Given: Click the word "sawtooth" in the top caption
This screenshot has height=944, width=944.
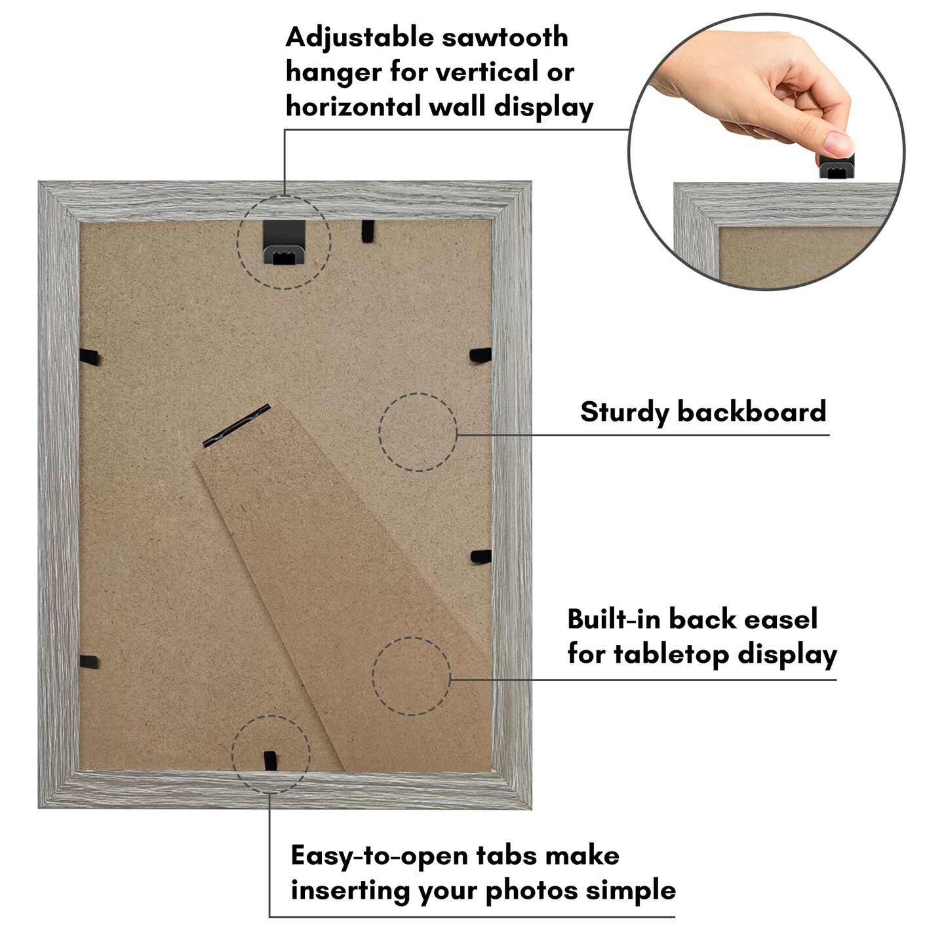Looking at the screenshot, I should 505,38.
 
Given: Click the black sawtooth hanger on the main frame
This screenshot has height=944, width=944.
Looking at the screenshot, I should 283,246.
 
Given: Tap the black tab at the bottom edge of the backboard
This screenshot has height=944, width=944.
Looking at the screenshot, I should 269,760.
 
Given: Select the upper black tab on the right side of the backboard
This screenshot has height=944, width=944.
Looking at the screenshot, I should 481,355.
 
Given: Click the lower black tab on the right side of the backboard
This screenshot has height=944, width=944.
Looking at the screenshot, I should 481,557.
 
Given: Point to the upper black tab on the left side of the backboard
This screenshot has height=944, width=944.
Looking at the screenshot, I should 89,357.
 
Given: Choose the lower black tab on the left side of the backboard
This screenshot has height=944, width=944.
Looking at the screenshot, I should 88,661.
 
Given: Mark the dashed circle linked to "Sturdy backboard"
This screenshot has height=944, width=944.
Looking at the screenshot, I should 418,432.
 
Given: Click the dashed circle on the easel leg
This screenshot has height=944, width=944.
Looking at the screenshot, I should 411,676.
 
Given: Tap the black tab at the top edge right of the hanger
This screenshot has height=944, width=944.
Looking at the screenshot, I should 368,230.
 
